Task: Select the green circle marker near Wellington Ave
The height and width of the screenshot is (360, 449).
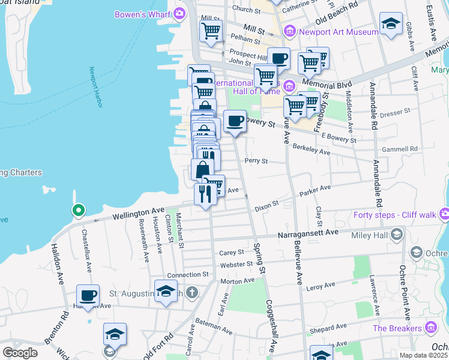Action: [x=77, y=211]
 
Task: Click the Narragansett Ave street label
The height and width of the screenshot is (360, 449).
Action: [x=308, y=232]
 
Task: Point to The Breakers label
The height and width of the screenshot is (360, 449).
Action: [x=397, y=328]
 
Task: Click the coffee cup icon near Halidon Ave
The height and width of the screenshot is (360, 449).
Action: [x=88, y=296]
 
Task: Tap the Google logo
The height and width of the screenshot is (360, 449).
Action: [x=20, y=352]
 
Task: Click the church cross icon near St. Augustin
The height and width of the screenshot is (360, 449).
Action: [x=191, y=293]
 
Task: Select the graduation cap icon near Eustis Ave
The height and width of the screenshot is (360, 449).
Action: [x=391, y=23]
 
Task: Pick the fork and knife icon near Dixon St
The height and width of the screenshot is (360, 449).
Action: [x=205, y=193]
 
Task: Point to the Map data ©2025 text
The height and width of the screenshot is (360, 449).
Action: [x=423, y=355]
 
